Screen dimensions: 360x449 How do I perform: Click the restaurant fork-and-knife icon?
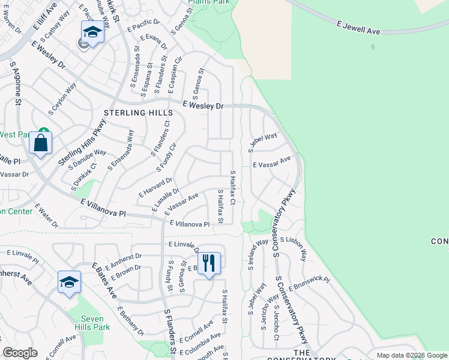pyautogui.click(x=208, y=263)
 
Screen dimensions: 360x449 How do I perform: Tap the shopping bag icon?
pyautogui.click(x=40, y=143)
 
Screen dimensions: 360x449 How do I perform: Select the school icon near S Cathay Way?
pyautogui.click(x=92, y=32)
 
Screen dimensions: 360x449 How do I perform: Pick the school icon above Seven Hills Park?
pyautogui.click(x=69, y=283)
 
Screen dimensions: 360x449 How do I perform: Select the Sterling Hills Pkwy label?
pyautogui.click(x=77, y=142)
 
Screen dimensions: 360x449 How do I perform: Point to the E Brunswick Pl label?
pyautogui.click(x=309, y=284)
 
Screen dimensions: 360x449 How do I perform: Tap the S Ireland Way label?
pyautogui.click(x=252, y=255)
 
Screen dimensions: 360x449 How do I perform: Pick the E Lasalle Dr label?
pyautogui.click(x=166, y=199)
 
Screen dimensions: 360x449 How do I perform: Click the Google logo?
pyautogui.click(x=20, y=353)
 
